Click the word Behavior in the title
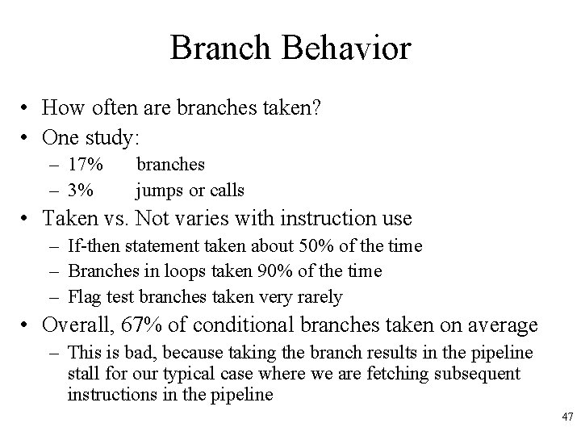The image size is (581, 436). (x=346, y=48)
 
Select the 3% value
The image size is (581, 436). (x=82, y=191)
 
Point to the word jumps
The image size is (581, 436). (x=159, y=191)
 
